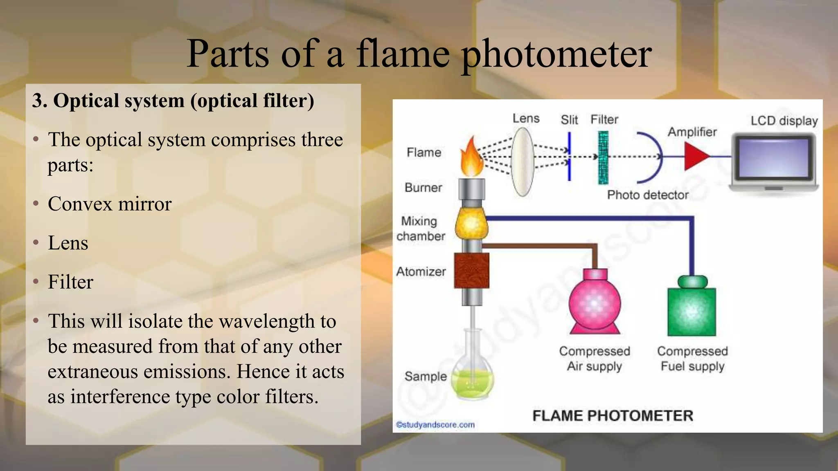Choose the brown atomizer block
coord(472,270)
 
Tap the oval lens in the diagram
coord(523,161)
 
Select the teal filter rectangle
coord(603,157)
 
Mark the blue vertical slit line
coord(569,157)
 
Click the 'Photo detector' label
coord(647,195)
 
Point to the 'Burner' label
coord(423,188)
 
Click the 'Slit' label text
coord(569,120)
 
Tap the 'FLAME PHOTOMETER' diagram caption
coord(613,416)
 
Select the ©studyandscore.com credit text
coord(435,425)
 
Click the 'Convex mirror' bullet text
coord(110,204)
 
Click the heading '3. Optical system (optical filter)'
coord(173,101)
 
